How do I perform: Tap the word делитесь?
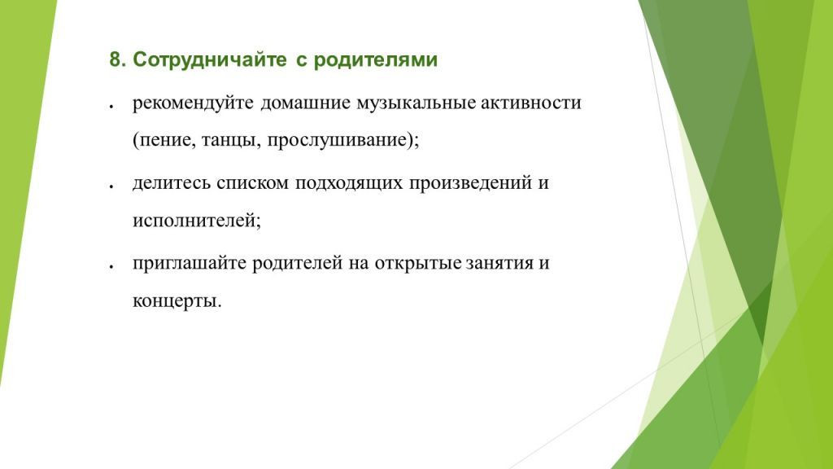[x=172, y=184]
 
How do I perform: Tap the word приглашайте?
[x=190, y=264]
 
